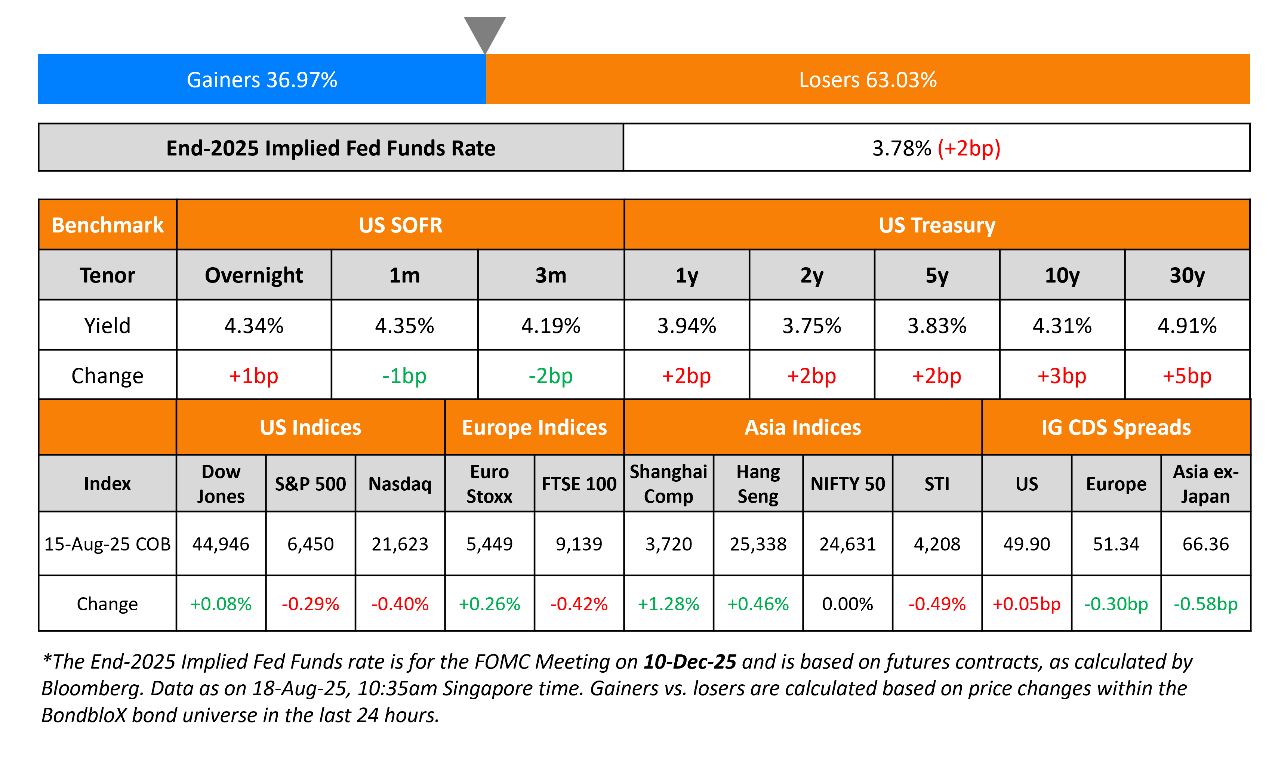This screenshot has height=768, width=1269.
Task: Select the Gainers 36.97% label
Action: coord(262,80)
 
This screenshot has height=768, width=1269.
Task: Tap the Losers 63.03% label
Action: coord(868,80)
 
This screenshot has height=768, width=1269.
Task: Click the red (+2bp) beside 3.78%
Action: coord(969,148)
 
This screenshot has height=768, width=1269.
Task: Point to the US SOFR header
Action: coord(400,225)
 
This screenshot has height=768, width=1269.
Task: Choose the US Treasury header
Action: coord(937,225)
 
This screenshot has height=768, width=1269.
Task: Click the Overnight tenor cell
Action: coord(254,275)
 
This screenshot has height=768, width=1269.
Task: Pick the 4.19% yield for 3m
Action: coord(551,326)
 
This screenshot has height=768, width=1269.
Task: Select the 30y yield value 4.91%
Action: coord(1187,326)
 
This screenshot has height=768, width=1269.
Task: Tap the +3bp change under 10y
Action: coord(1062,376)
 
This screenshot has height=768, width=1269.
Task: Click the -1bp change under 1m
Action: coord(404,376)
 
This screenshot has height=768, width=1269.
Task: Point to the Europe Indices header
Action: coord(534,428)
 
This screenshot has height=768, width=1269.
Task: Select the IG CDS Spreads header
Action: coord(1116,428)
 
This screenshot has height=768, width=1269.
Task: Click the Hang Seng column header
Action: coord(758,484)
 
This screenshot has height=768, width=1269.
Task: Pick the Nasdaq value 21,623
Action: coord(400,544)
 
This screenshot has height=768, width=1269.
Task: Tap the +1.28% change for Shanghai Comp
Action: coord(668,604)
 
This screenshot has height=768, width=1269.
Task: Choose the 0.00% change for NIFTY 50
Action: coord(848,604)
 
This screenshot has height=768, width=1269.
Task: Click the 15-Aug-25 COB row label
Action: coord(107,544)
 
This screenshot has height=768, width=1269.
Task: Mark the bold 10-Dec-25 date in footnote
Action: coord(690,662)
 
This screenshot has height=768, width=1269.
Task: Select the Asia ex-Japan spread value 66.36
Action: coord(1206,544)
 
